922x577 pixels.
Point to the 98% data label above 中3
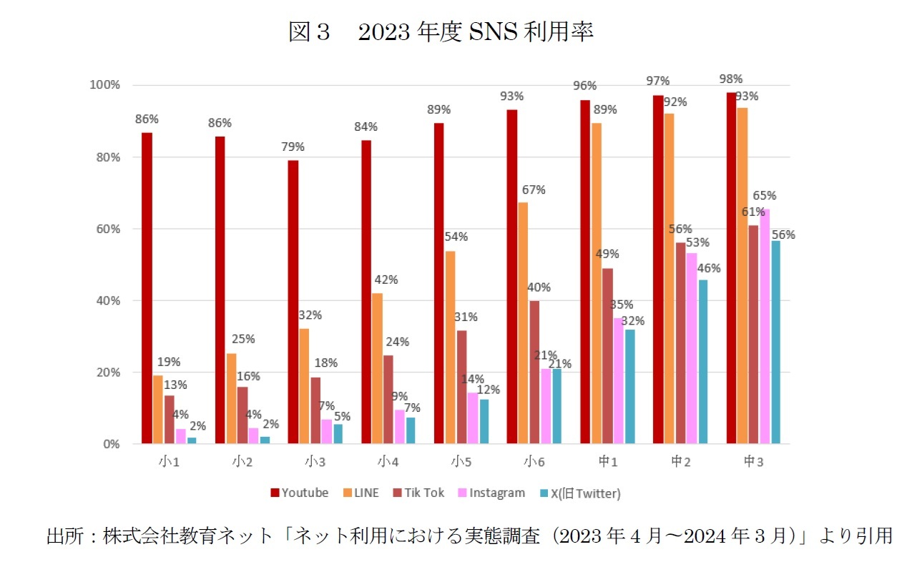pyautogui.click(x=731, y=79)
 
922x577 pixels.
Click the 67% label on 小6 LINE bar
pyautogui.click(x=533, y=189)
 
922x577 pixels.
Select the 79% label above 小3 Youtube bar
pyautogui.click(x=293, y=147)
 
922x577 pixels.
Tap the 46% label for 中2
pyautogui.click(x=708, y=268)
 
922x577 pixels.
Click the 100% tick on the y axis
pyautogui.click(x=104, y=85)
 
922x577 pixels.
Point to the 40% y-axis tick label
pyautogui.click(x=107, y=300)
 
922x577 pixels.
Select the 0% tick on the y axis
pyautogui.click(x=111, y=444)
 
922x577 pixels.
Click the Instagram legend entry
pyautogui.click(x=493, y=493)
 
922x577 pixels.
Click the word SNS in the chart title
pyautogui.click(x=489, y=32)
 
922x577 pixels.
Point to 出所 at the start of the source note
pyautogui.click(x=62, y=536)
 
